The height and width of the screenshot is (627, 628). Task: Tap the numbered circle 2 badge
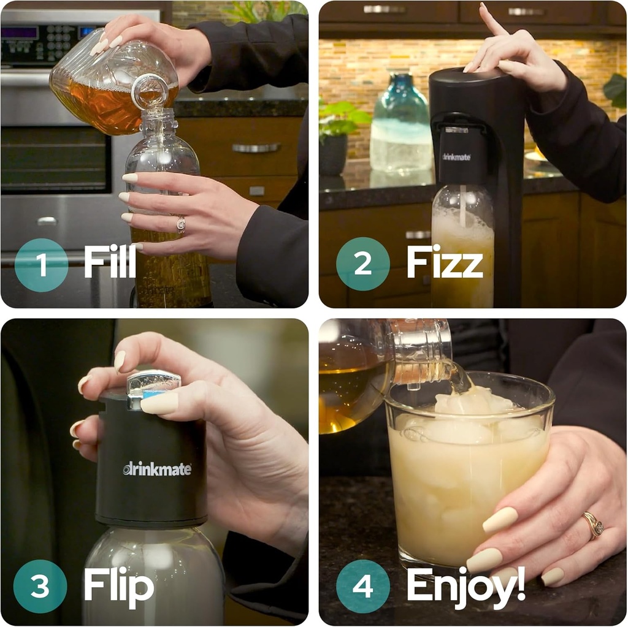pos(362,264)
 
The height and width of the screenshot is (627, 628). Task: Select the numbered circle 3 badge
pos(40,586)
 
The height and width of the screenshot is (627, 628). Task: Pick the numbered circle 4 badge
pos(362,586)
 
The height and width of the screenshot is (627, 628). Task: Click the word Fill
pos(110,262)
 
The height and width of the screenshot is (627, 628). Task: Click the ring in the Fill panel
pos(181,224)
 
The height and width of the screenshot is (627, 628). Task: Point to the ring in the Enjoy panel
pos(593,525)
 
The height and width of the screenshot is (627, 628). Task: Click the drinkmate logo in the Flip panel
pos(157,469)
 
